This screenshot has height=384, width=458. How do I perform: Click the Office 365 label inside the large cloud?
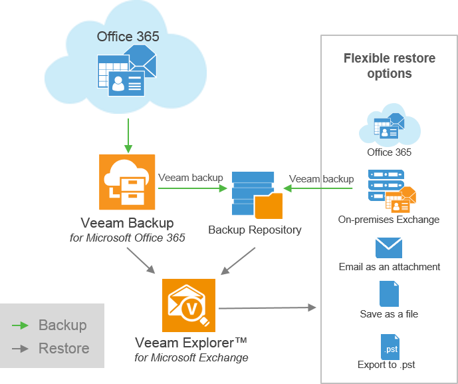coord(128,37)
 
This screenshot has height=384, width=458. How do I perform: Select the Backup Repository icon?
coord(256,195)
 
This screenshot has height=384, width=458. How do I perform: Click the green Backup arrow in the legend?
coord(21,325)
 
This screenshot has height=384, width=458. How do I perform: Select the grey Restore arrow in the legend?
coord(21,348)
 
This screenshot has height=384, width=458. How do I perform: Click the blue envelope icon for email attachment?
coord(389,248)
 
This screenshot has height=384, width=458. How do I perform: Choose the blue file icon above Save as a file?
coord(389,293)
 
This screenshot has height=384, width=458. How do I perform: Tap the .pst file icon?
coord(390,346)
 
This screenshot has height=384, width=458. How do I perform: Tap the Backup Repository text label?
coord(255,230)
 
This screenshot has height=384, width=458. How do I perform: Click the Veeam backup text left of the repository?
coord(190,178)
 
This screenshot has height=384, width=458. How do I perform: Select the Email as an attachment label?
coord(390,267)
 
